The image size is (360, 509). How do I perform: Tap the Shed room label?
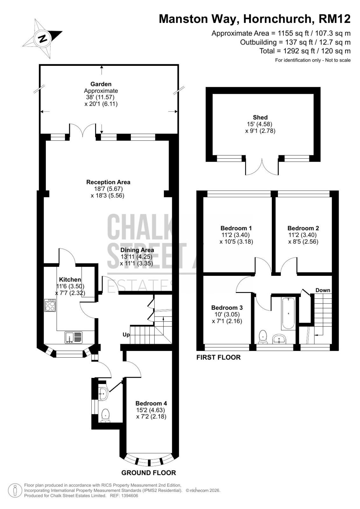[x=260, y=117]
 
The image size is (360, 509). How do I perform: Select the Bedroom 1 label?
[x=236, y=228]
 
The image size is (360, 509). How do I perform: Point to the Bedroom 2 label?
[x=303, y=228]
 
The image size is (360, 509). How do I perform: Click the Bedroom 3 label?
[x=227, y=308]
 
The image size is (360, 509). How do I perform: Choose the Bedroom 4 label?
[x=151, y=403]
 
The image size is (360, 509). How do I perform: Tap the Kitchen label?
[x=70, y=280]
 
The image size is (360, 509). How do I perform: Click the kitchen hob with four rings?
[x=50, y=305]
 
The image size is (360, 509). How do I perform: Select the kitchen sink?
[x=74, y=337]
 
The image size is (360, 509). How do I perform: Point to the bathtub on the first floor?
[x=288, y=314]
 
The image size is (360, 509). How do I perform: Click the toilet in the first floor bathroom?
[x=263, y=337]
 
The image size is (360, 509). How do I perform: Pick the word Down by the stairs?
[x=323, y=290]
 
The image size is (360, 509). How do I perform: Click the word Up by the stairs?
[x=126, y=335]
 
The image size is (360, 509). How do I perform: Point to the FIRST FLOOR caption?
[x=218, y=358]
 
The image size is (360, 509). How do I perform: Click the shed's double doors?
[x=262, y=167]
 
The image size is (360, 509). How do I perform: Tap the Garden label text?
[x=101, y=84]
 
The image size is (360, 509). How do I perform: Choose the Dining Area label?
[x=137, y=250]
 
